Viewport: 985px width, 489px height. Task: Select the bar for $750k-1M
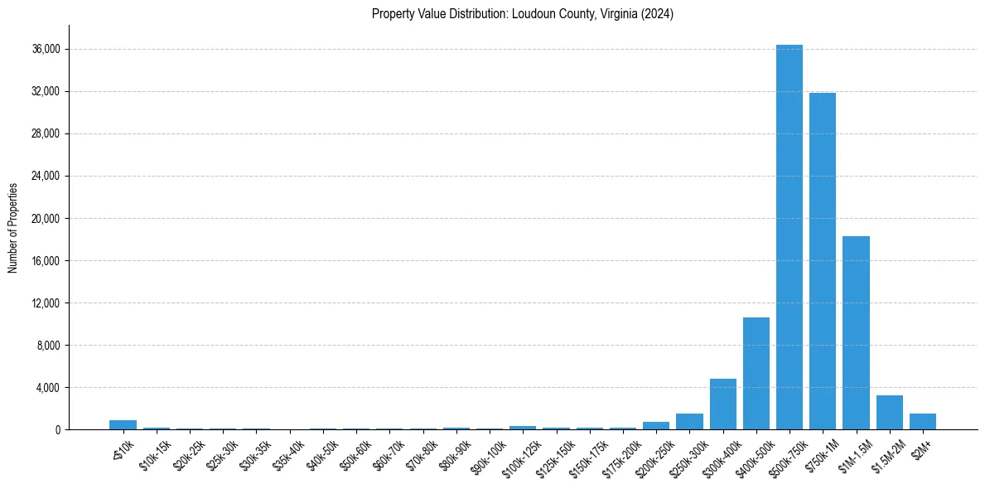822,261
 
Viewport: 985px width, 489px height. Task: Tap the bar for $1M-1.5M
856,332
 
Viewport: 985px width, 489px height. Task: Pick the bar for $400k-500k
756,373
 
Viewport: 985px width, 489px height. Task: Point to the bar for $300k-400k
722,404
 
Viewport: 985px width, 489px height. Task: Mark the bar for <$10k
123,425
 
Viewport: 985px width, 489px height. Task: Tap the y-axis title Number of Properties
13,227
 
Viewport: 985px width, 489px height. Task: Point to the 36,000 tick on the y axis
45,50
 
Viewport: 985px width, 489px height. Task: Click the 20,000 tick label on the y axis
45,219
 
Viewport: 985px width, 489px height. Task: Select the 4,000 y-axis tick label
47,388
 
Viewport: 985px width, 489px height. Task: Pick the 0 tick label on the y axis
56,430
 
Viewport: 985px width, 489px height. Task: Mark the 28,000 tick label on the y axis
45,134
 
